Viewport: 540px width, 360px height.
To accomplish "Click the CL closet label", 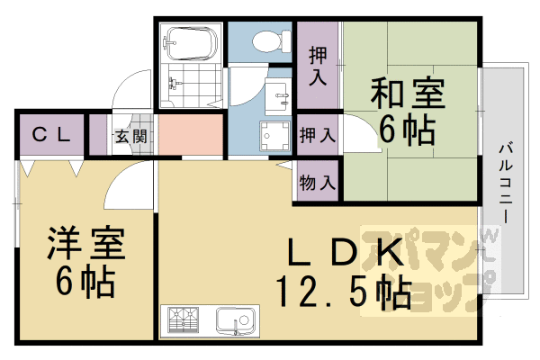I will click(x=51, y=136).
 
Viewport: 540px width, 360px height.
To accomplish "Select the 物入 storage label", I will click(x=316, y=183).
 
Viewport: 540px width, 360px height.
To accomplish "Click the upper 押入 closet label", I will click(x=318, y=65).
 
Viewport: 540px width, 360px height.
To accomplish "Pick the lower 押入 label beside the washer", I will click(x=316, y=136).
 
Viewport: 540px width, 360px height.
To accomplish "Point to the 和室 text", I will click(x=405, y=92).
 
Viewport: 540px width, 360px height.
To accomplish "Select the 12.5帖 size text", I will click(x=343, y=292).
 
